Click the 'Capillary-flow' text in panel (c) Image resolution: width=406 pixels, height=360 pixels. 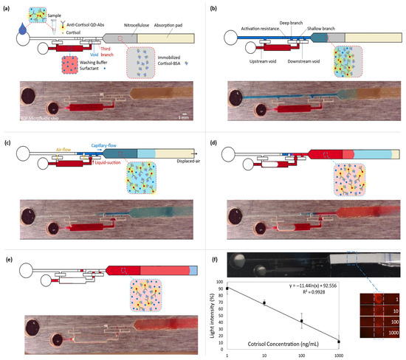coord(103,146)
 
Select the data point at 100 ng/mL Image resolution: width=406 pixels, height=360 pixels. coord(301,321)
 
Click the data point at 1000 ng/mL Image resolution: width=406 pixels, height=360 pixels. coord(338,342)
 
